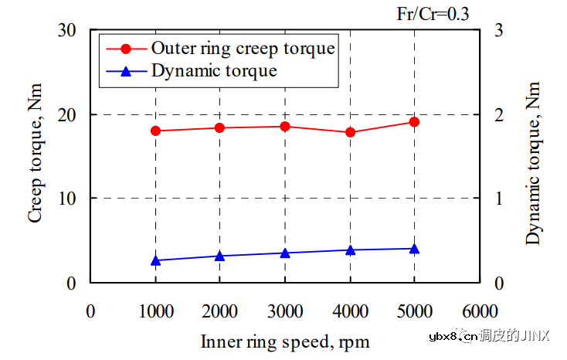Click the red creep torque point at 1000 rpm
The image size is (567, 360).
(155, 131)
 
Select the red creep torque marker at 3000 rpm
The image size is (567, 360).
(285, 126)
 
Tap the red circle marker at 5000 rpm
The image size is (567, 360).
(414, 121)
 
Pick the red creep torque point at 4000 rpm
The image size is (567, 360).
(350, 132)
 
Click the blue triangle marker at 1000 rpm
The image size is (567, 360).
(155, 260)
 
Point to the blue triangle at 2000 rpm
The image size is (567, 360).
(220, 256)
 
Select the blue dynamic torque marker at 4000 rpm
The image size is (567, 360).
(350, 250)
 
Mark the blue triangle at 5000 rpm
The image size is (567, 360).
(414, 249)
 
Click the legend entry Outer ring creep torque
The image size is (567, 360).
(243, 48)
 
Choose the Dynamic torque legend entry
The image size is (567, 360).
(214, 71)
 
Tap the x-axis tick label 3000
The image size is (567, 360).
(285, 311)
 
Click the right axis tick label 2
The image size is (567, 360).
(499, 114)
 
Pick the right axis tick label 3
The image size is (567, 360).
(499, 31)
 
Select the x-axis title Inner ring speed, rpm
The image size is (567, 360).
(285, 341)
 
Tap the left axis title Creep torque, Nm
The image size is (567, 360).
(36, 156)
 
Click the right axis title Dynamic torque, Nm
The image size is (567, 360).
(533, 156)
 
